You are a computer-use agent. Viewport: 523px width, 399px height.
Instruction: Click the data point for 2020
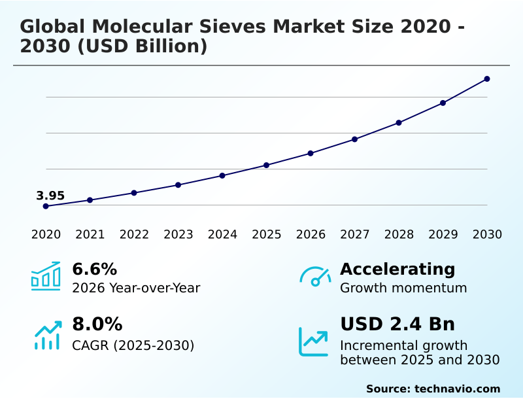[46, 206]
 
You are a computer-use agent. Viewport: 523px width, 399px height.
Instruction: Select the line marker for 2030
[487, 79]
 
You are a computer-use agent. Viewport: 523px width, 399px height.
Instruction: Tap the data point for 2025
[267, 165]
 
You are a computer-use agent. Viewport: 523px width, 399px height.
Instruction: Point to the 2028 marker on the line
[399, 122]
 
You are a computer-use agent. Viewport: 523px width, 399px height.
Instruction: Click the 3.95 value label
[50, 196]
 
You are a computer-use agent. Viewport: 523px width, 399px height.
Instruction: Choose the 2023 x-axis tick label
[178, 235]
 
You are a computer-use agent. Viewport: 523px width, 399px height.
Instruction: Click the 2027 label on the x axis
[354, 235]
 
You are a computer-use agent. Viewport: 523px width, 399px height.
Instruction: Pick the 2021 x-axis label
[90, 235]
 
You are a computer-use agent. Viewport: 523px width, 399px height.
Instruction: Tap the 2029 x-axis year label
[443, 235]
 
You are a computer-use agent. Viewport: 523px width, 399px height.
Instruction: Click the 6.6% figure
[94, 269]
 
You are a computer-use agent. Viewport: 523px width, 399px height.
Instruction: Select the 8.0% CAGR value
[97, 324]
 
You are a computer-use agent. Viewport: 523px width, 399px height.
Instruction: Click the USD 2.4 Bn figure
[397, 324]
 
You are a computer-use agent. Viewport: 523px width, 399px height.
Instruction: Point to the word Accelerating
[397, 269]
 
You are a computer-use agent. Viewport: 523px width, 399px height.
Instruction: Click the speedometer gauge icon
[314, 277]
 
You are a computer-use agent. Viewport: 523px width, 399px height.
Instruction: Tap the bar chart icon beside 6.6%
[46, 277]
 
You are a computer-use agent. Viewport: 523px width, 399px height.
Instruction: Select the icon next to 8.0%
[46, 335]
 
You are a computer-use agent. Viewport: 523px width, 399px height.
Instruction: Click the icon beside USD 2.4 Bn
[314, 341]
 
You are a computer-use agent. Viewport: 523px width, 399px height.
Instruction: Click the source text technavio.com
[457, 389]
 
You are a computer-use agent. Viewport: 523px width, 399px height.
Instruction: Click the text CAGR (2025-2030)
[133, 345]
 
